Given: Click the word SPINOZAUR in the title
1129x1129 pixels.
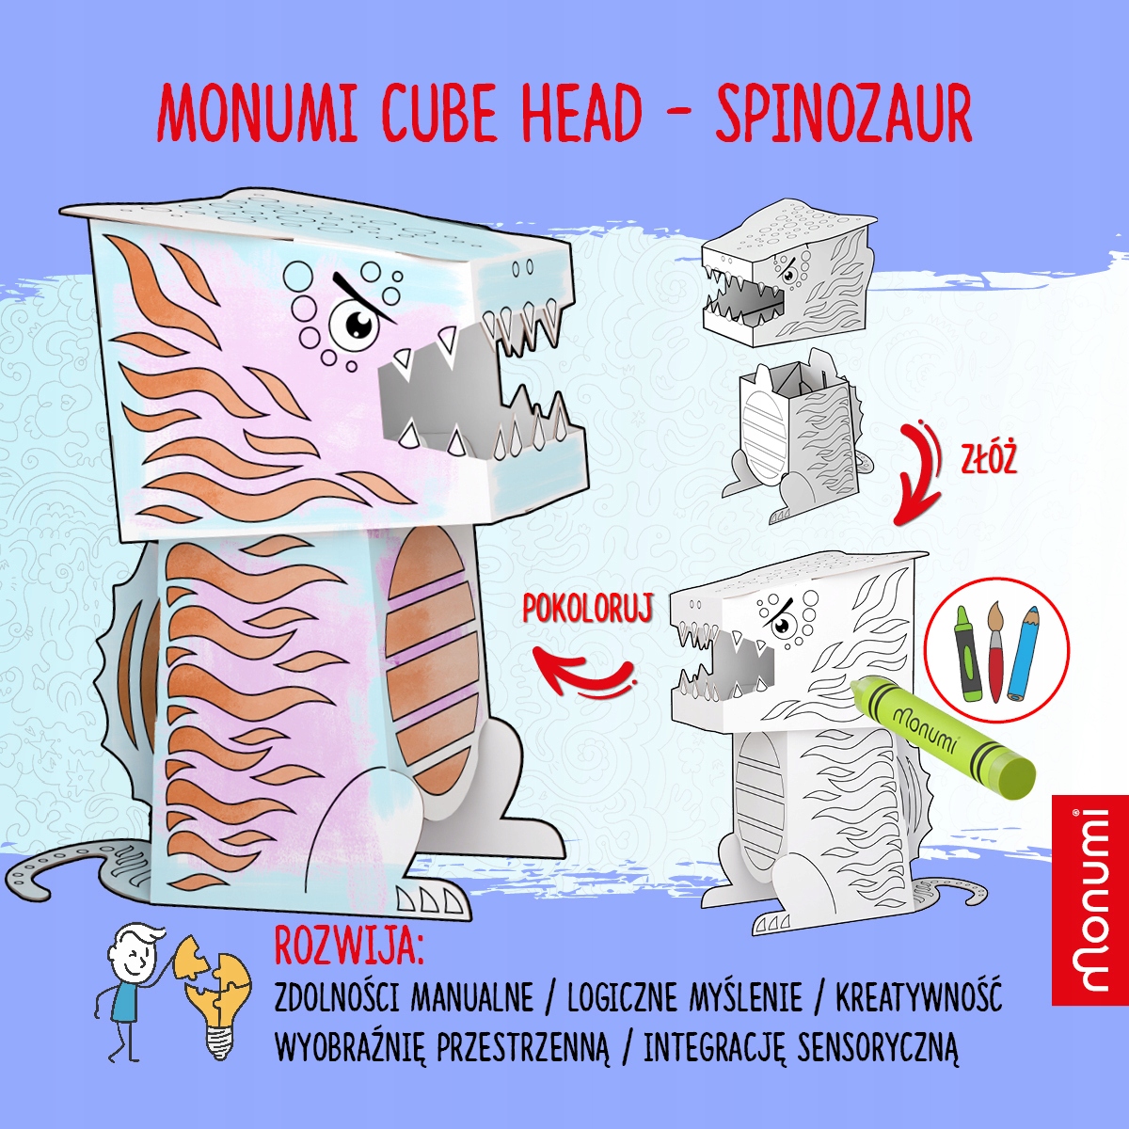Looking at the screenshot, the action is tap(843, 114).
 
